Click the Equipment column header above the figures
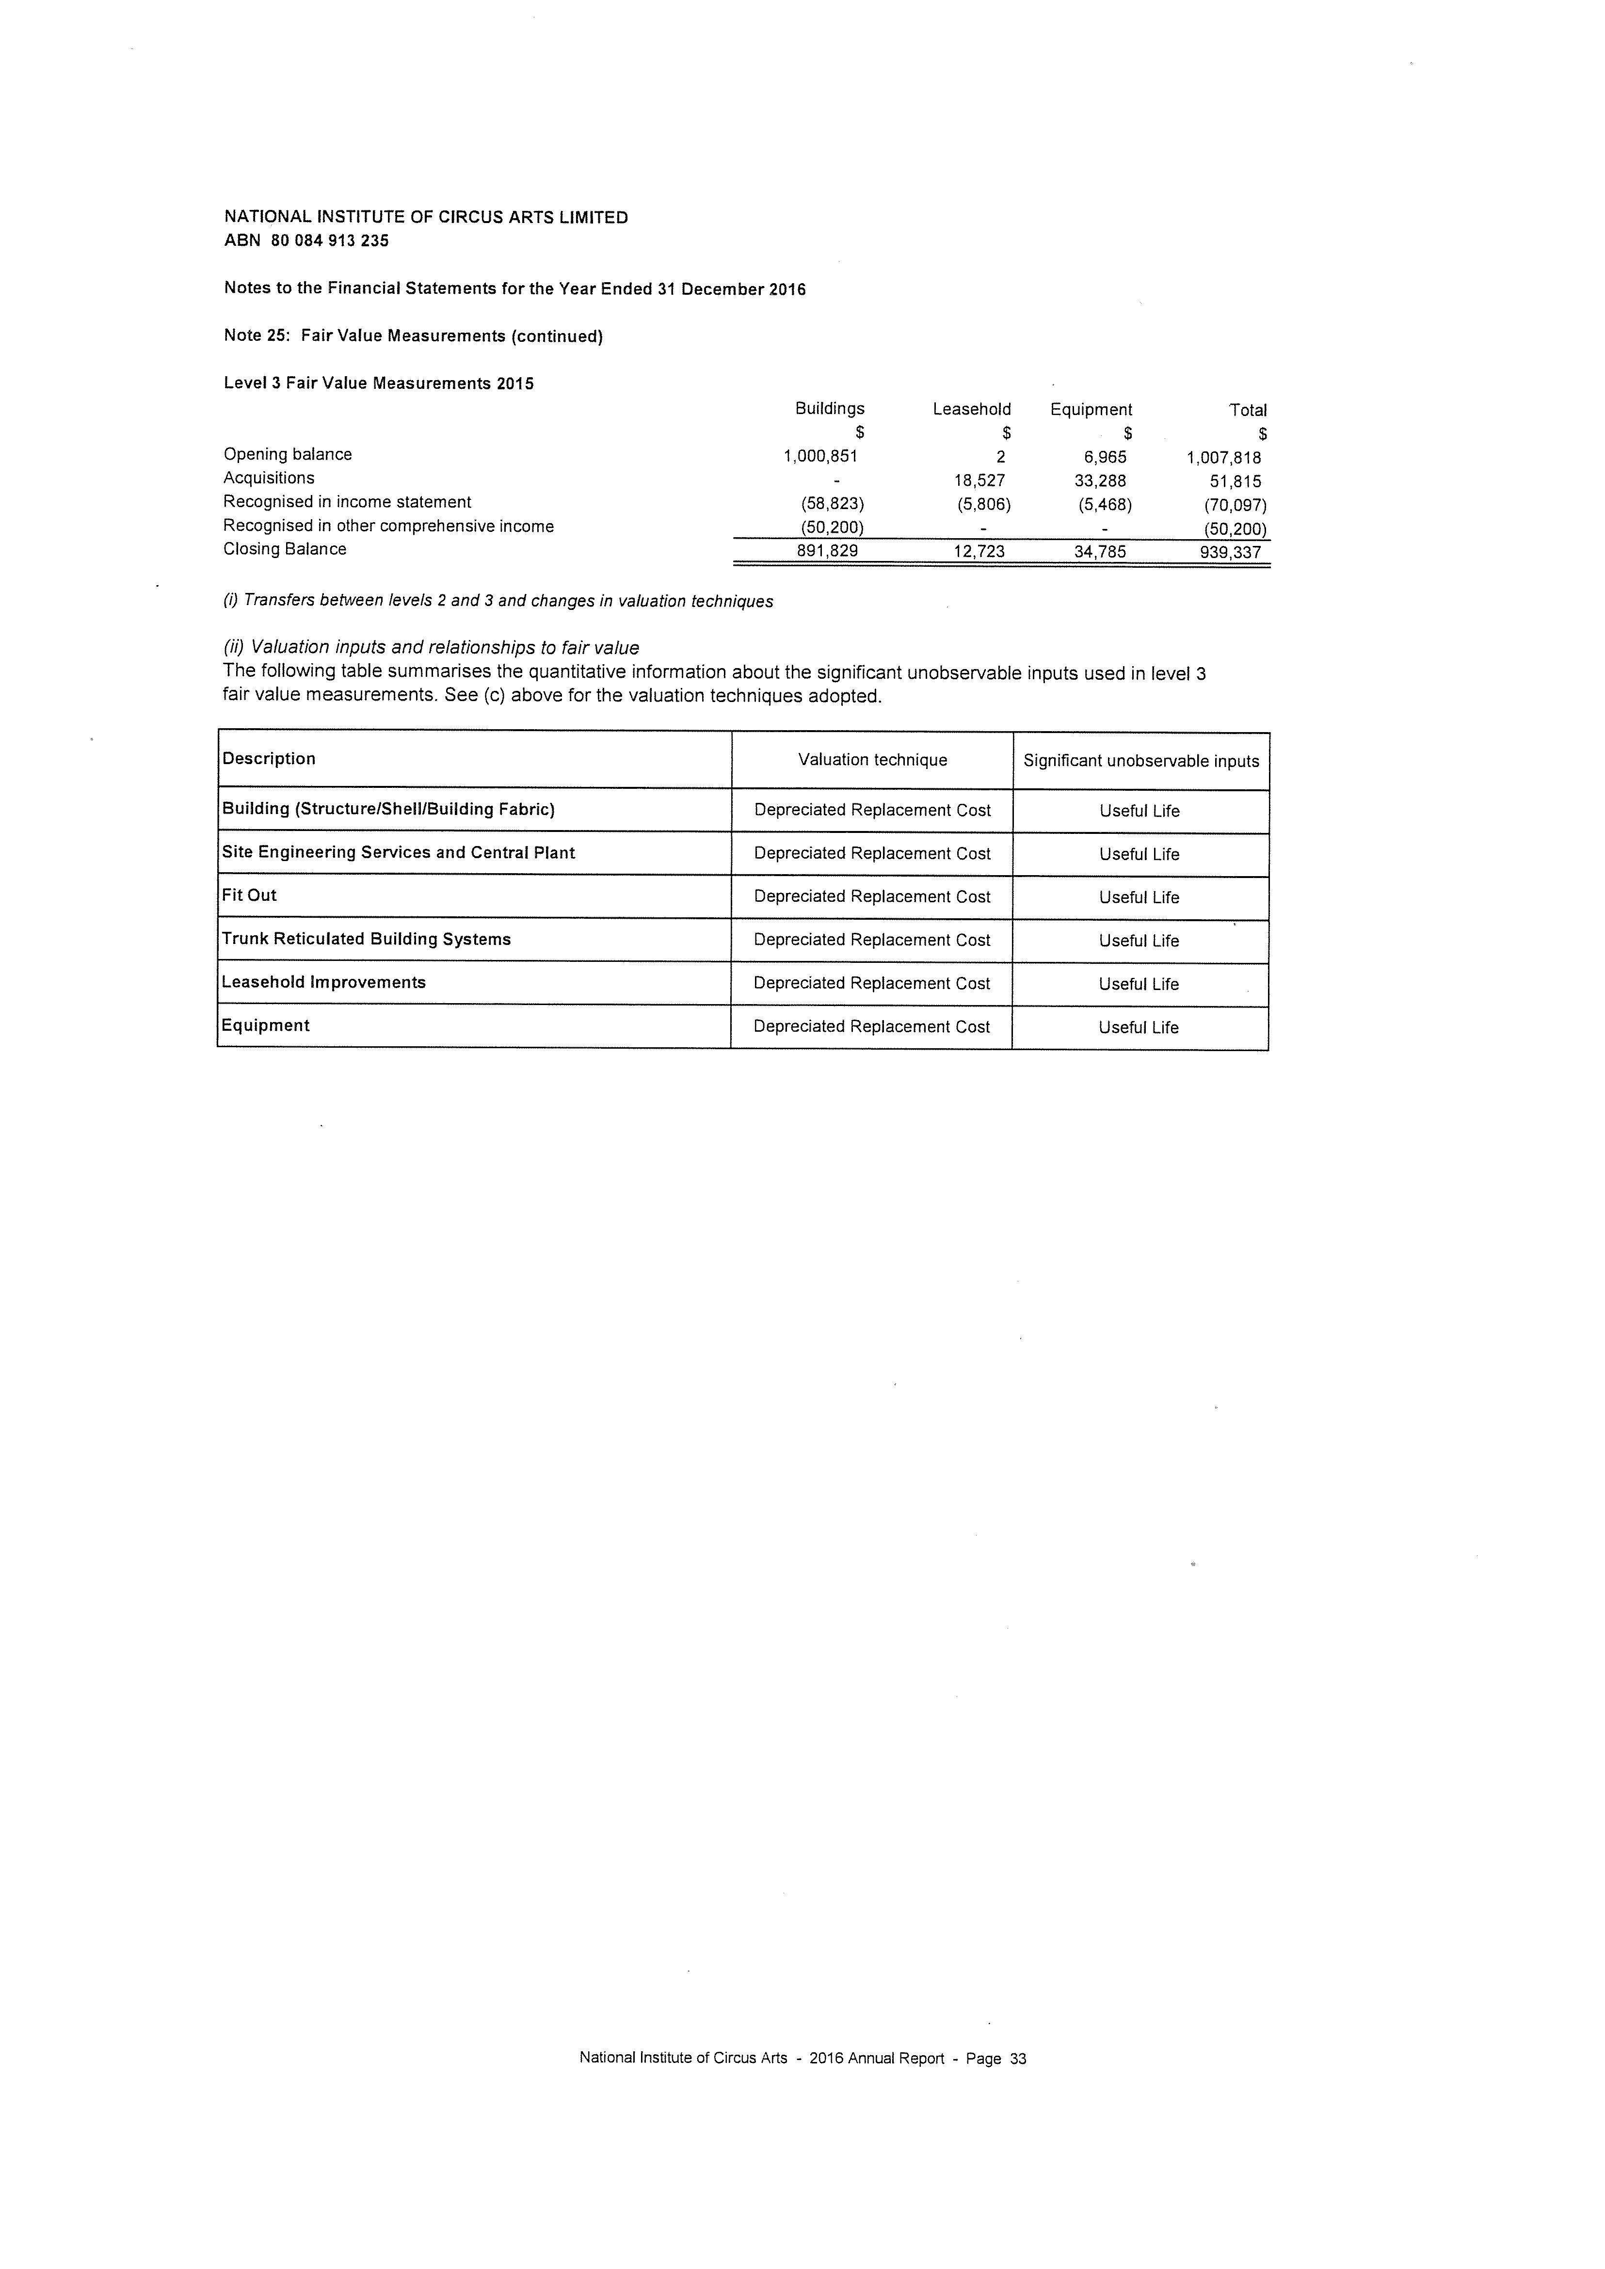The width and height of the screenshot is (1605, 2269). [x=1091, y=409]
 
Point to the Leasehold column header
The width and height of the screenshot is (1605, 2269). [x=972, y=409]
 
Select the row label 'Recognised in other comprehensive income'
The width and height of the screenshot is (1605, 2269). [x=388, y=526]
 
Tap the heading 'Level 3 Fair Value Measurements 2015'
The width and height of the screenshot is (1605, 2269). [x=379, y=383]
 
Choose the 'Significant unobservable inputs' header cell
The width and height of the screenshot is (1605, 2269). [x=1140, y=761]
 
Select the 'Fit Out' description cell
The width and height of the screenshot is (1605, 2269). [x=249, y=895]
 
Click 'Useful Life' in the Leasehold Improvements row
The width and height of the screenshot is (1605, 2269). [x=1139, y=984]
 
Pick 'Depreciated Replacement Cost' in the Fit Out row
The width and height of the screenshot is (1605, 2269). [x=872, y=896]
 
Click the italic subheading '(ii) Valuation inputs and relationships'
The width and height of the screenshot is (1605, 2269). [x=431, y=647]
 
